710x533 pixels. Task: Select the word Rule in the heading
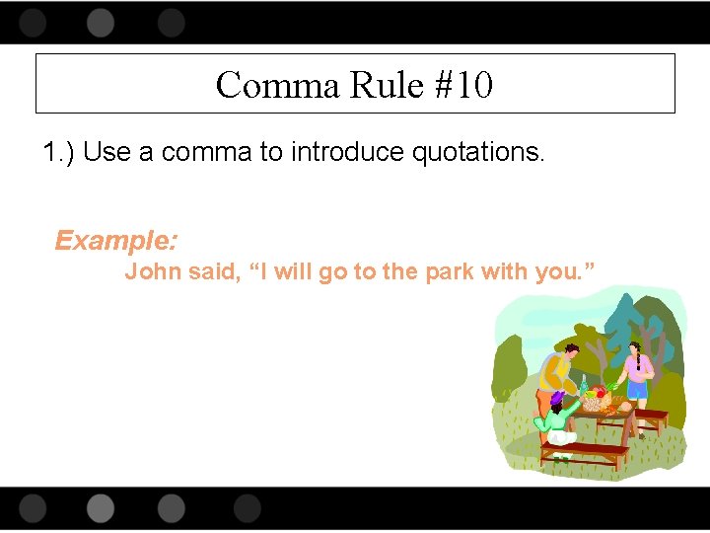click(x=385, y=85)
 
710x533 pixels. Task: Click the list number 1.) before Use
click(x=60, y=153)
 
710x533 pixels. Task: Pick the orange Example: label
click(x=116, y=240)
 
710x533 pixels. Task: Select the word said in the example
click(x=213, y=272)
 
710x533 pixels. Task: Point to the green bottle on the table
click(x=583, y=383)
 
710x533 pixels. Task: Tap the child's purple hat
click(x=557, y=398)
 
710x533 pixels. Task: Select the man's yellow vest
click(x=552, y=372)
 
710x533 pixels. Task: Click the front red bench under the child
click(x=585, y=453)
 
